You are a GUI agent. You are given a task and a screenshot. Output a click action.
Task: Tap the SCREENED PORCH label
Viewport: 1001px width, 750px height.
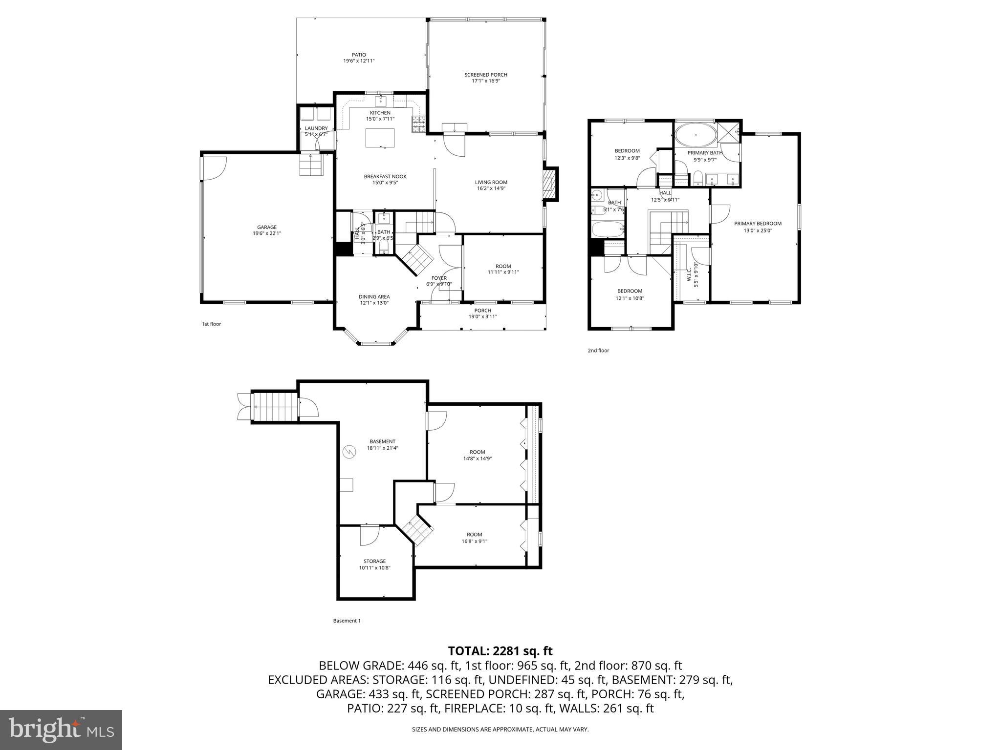pos(485,75)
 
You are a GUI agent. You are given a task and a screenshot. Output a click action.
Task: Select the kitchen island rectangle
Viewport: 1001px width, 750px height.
pos(380,137)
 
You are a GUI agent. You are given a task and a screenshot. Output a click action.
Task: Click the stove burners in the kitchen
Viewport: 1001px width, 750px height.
pos(418,125)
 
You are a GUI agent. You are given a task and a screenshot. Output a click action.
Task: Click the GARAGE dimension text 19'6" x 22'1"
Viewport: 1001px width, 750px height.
pos(267,233)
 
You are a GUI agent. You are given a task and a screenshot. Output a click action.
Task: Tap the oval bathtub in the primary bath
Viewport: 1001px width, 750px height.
pos(695,134)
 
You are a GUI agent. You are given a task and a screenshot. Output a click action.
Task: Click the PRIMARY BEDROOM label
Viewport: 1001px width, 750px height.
pos(758,224)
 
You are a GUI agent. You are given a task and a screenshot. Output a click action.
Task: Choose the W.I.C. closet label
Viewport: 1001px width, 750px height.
pos(689,277)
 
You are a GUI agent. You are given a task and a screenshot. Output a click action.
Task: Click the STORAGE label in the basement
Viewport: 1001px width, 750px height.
pos(374,561)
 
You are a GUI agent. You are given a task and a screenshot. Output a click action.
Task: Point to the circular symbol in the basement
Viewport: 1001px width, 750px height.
pos(349,452)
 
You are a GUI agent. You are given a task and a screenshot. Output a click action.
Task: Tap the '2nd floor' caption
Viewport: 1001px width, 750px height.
pos(598,351)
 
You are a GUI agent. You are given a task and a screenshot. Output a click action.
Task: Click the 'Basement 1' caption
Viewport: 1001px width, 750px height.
pos(347,621)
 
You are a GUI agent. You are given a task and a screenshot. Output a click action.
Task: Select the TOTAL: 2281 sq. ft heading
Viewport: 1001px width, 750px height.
pos(500,651)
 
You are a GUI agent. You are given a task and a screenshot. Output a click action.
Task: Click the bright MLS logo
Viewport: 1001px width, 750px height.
pos(61,730)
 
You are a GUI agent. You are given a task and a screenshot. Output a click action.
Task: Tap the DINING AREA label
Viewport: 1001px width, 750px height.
pos(374,296)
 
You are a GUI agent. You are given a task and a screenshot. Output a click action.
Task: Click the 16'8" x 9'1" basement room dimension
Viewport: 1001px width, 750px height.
pos(474,541)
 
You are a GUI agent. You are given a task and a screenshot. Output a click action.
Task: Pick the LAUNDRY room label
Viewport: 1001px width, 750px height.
pos(316,128)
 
